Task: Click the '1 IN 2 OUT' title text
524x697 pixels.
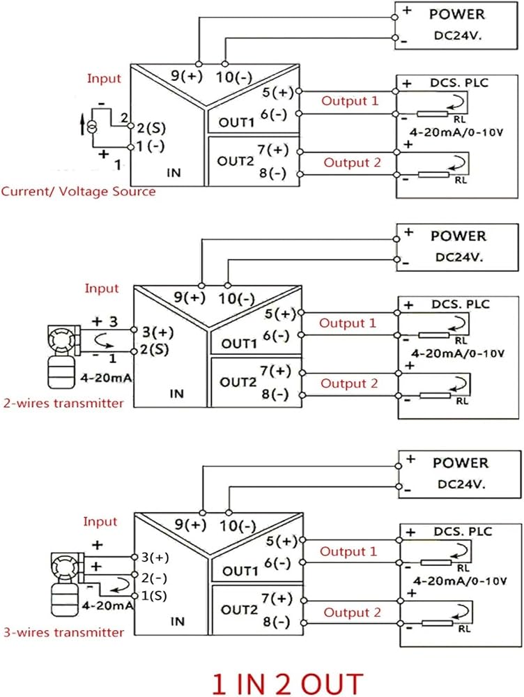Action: coord(288,683)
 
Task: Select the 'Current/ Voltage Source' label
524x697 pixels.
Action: coord(79,192)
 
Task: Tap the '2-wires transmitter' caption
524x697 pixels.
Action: coord(63,403)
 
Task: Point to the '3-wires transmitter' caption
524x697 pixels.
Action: coord(63,632)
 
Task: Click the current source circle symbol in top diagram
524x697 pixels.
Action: coord(91,127)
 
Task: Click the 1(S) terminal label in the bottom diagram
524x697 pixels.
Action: coord(154,596)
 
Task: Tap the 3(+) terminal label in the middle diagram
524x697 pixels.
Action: coord(157,332)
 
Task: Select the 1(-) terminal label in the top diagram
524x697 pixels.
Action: coord(151,146)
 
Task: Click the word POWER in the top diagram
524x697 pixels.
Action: coord(457,14)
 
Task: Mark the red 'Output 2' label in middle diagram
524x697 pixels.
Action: coord(349,383)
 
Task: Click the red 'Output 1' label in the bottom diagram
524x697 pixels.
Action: coord(348,551)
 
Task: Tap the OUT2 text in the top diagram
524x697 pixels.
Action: coord(236,161)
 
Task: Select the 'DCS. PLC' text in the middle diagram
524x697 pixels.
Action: coord(461,305)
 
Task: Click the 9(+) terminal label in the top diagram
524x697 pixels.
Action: coord(187,76)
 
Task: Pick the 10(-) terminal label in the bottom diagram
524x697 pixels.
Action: coord(238,527)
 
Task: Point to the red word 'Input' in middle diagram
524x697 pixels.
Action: coord(102,289)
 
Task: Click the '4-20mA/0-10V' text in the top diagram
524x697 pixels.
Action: coord(456,132)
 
